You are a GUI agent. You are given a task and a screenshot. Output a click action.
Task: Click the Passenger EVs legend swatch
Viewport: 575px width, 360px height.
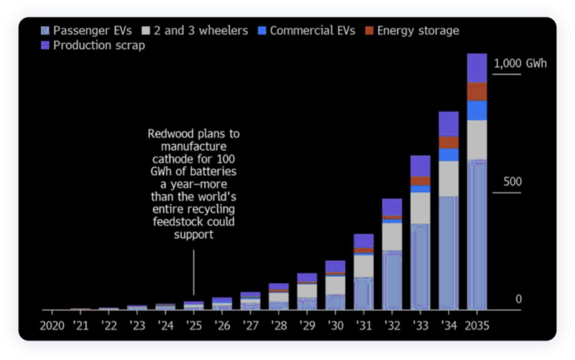pyautogui.click(x=46, y=31)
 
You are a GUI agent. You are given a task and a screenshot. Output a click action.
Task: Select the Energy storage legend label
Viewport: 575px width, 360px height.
pyautogui.click(x=418, y=31)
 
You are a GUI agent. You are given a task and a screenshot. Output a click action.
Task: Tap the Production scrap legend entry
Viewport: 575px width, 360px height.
pyautogui.click(x=99, y=45)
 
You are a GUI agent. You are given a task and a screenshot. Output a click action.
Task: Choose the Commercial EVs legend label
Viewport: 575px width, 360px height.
pyautogui.click(x=313, y=31)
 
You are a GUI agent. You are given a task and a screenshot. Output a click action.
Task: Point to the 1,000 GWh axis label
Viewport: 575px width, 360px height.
pyautogui.click(x=520, y=63)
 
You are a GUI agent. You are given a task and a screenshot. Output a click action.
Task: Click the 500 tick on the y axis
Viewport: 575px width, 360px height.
pyautogui.click(x=512, y=181)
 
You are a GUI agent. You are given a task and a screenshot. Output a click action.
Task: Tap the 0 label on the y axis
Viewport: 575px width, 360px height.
pyautogui.click(x=517, y=299)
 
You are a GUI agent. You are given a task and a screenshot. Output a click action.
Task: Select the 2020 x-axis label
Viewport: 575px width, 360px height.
pyautogui.click(x=52, y=326)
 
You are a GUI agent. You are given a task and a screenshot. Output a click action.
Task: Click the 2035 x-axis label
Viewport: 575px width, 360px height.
pyautogui.click(x=477, y=326)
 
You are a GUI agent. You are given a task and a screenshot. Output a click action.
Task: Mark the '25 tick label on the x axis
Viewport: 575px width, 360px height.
pyautogui.click(x=193, y=326)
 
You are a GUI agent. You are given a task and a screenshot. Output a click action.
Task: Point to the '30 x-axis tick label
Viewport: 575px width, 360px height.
pyautogui.click(x=335, y=326)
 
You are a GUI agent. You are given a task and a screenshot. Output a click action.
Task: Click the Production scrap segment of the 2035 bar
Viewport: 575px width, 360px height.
pyautogui.click(x=477, y=68)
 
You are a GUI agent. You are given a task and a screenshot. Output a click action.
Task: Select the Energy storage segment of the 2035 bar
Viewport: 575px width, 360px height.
pyautogui.click(x=477, y=92)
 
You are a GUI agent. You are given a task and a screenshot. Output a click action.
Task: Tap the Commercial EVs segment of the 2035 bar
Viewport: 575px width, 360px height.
pyautogui.click(x=477, y=110)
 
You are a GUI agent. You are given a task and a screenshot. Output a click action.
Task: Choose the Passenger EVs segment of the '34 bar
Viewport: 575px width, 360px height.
pyautogui.click(x=448, y=251)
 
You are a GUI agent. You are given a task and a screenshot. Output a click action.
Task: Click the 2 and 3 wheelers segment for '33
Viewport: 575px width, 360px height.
pyautogui.click(x=420, y=208)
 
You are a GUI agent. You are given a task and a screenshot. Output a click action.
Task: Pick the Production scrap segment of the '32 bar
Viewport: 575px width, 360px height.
pyautogui.click(x=392, y=207)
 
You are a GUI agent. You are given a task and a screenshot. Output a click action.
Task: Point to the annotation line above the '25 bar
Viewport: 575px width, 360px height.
pyautogui.click(x=193, y=277)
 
